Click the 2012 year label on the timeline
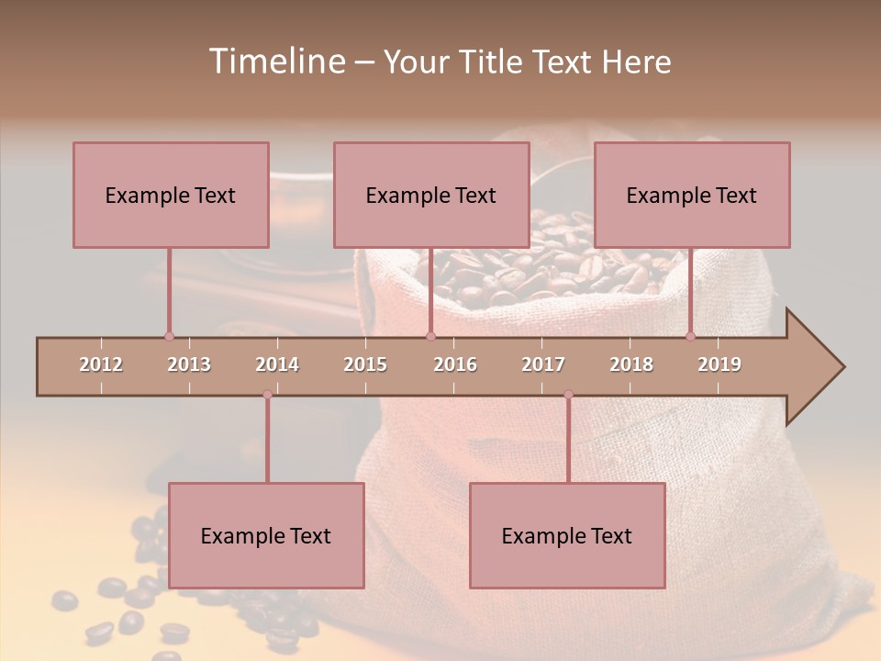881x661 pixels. [101, 364]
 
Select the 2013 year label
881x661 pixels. [189, 364]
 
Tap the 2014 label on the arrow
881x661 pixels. [277, 364]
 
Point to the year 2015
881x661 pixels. [365, 364]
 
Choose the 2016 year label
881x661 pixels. [455, 364]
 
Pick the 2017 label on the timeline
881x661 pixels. [543, 364]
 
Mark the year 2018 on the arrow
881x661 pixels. [631, 364]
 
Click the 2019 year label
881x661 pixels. [719, 364]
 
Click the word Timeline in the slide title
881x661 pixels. [275, 62]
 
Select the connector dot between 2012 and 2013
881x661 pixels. [169, 336]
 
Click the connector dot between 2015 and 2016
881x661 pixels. [430, 336]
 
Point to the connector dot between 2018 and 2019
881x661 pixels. [690, 336]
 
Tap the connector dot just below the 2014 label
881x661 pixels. [267, 395]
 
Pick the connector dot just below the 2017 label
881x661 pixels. [568, 395]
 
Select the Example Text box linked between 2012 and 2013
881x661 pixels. [171, 195]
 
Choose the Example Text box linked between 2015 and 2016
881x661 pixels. [431, 195]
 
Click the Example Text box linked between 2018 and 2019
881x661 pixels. [692, 195]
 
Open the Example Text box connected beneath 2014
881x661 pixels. [266, 535]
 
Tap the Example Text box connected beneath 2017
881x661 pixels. [567, 535]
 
